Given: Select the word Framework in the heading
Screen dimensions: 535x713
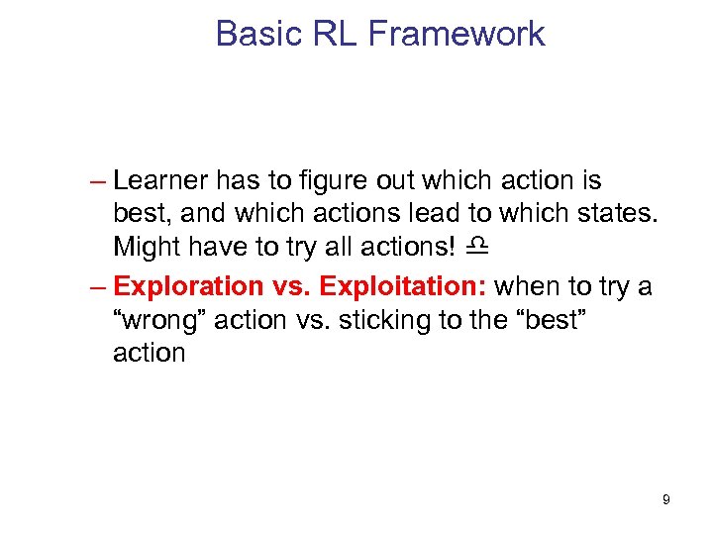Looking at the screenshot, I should [457, 34].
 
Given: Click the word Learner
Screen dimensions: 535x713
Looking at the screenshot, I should [160, 181].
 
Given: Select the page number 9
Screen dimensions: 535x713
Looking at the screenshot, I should [665, 499].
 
